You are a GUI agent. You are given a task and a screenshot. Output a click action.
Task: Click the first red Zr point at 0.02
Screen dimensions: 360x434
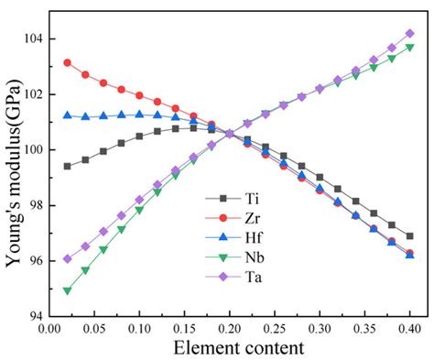67,62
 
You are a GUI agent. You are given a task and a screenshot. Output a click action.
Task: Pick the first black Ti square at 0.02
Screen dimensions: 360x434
67,166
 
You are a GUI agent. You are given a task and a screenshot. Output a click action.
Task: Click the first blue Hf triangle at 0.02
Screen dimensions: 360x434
67,115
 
